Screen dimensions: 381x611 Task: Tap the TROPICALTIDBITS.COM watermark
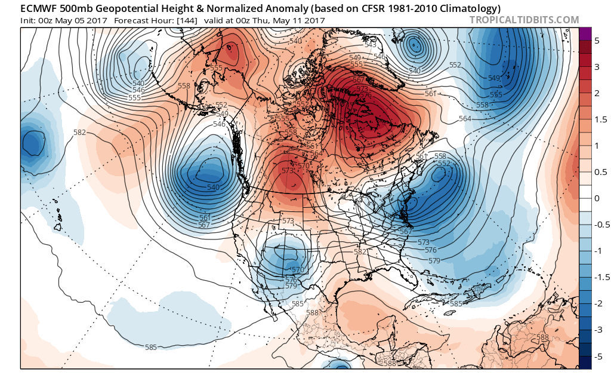coord(524,20)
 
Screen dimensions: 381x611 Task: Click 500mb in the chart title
coord(80,7)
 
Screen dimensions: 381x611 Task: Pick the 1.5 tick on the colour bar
coord(597,120)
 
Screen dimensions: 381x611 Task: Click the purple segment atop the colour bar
coord(585,34)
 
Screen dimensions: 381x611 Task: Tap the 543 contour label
coord(371,45)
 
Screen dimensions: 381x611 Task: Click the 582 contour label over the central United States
coord(360,252)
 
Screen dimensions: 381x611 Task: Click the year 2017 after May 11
coord(314,20)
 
